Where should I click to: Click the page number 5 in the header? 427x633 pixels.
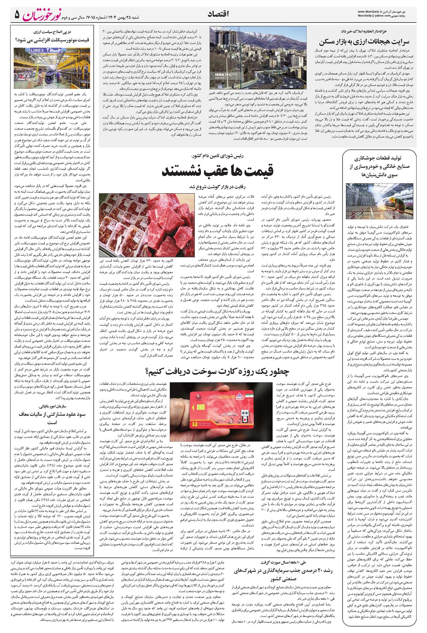[x=16, y=15]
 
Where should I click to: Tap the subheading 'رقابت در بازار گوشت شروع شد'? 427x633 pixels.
[x=217, y=186]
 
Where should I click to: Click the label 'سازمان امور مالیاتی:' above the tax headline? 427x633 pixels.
[x=53, y=405]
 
